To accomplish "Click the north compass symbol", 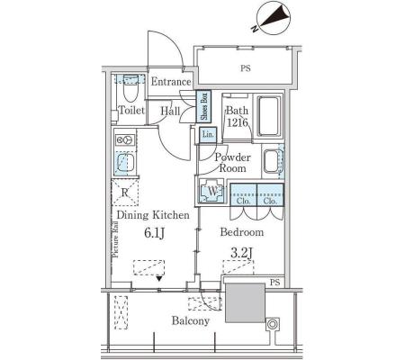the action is (274, 17).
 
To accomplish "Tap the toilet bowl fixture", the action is (130, 88).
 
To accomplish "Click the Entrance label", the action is (171, 82).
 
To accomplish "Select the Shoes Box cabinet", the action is (203, 106).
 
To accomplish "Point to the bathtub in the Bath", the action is (268, 116).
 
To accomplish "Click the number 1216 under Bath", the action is (238, 122).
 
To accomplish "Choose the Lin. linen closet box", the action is (208, 134).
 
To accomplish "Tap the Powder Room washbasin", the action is (272, 161).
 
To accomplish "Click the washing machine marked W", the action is (212, 191).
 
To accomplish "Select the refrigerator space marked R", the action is (125, 193).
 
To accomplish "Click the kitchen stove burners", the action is (125, 140).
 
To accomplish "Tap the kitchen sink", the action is (125, 163).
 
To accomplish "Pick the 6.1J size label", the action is (154, 233).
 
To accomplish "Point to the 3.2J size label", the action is (241, 253).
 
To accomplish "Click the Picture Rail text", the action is (115, 239).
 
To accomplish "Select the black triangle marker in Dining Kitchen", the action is (159, 279).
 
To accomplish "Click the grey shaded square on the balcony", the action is (246, 302).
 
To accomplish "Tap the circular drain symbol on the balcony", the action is (272, 324).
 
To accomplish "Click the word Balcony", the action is (191, 321).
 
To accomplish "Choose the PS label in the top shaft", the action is (246, 68).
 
